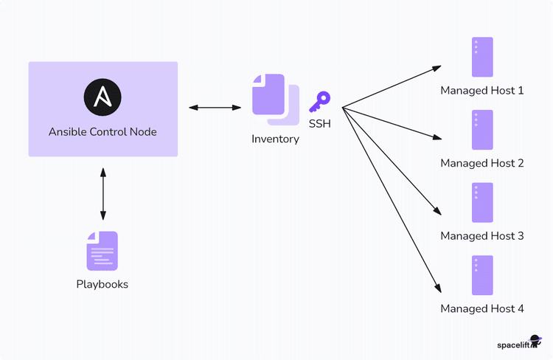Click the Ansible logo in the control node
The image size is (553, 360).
coord(102,97)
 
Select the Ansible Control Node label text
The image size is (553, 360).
coord(102,132)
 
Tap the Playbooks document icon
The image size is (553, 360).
coord(102,251)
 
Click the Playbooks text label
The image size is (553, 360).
coord(102,284)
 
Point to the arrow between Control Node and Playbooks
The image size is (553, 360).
coord(102,194)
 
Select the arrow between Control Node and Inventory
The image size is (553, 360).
coord(215,108)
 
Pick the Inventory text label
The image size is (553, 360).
coord(275,139)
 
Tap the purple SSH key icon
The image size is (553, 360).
coord(320,101)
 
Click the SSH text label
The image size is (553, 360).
coord(320,124)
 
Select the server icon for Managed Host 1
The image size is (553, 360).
coord(482,57)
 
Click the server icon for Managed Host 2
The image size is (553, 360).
coord(482,130)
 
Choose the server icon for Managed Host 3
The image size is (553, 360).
coord(482,203)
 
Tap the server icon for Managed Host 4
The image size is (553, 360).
coord(482,275)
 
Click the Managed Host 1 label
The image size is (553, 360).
coord(482,91)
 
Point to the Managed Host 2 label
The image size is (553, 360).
coord(482,163)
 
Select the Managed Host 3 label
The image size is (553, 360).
coord(482,236)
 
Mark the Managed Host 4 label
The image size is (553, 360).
coord(482,308)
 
